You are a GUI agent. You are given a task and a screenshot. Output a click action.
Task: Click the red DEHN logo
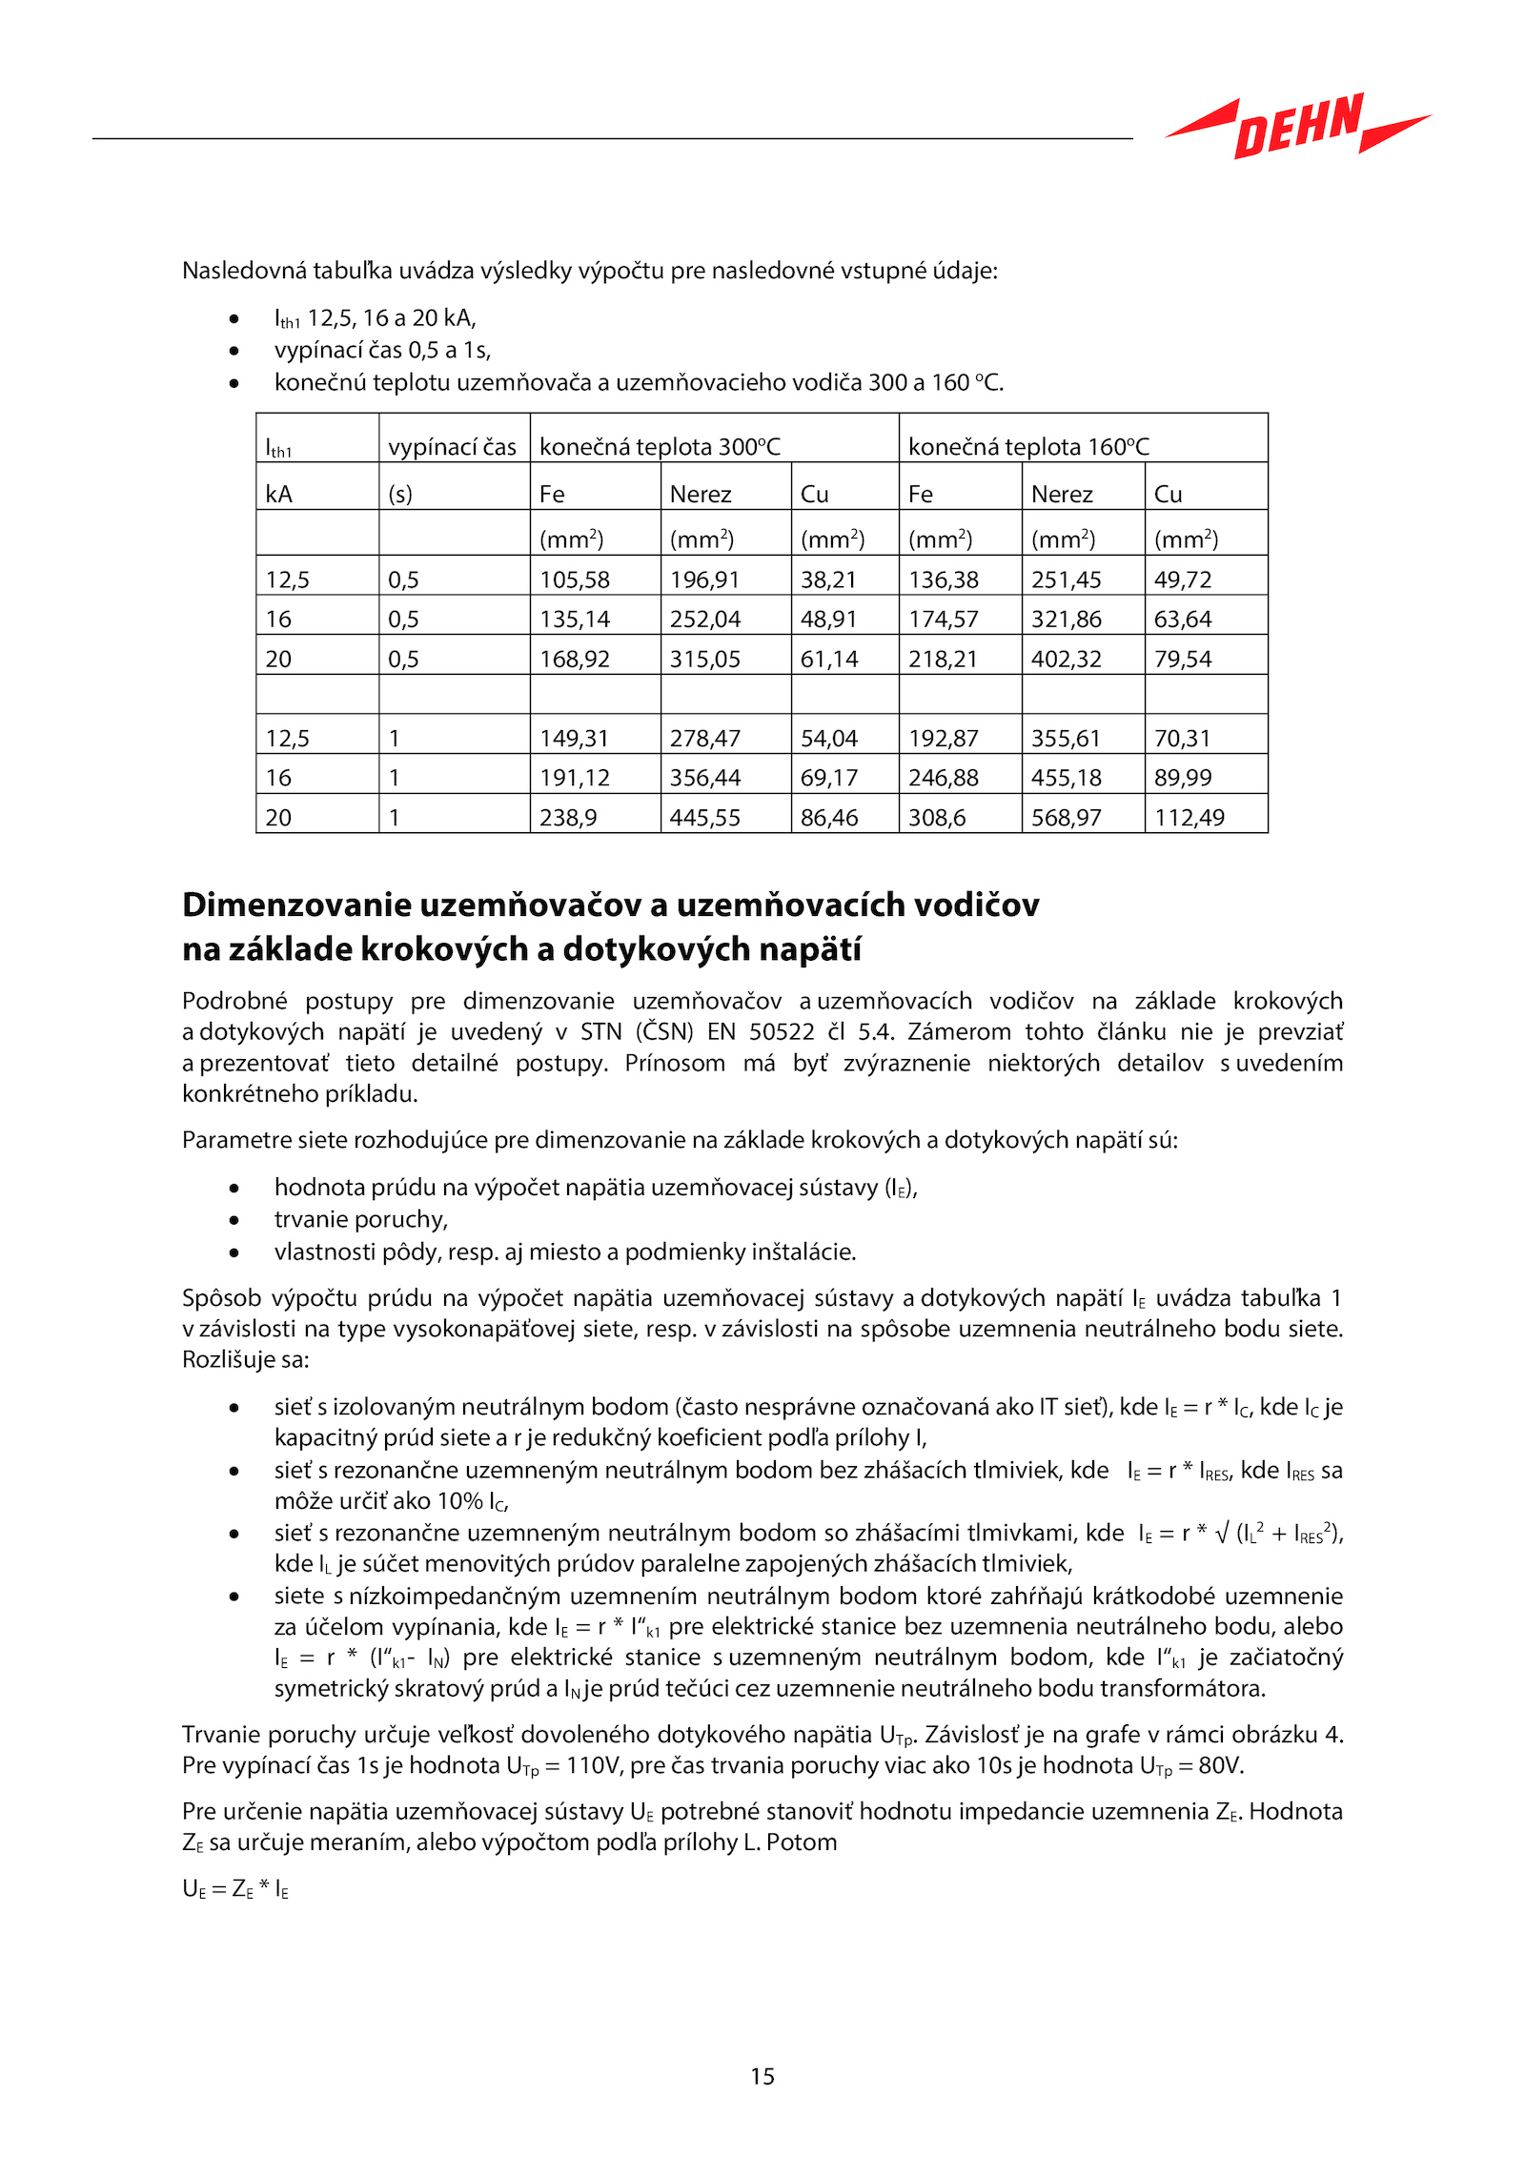tap(1298, 126)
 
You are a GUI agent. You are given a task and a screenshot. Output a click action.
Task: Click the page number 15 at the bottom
tap(762, 2076)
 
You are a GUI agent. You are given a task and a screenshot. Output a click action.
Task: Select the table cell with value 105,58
tap(575, 580)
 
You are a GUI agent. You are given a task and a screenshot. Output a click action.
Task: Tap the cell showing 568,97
tap(1066, 818)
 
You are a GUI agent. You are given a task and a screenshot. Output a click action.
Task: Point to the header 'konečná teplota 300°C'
tap(660, 447)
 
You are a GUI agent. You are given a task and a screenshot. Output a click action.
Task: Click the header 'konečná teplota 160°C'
tap(1028, 447)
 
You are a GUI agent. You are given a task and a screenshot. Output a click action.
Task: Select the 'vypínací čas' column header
tap(452, 447)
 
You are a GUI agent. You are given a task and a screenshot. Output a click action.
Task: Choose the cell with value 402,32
tap(1066, 660)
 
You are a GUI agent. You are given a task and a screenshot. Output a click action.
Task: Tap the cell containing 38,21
tap(828, 580)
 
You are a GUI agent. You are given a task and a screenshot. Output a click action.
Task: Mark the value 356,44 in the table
tap(704, 778)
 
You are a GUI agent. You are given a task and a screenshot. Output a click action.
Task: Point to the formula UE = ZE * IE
tap(235, 1889)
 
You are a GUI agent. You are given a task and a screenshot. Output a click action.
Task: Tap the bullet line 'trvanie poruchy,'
tap(360, 1219)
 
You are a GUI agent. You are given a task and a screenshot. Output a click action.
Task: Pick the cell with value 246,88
tap(943, 778)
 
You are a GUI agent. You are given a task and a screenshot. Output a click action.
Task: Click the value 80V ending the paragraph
tap(1220, 1765)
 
